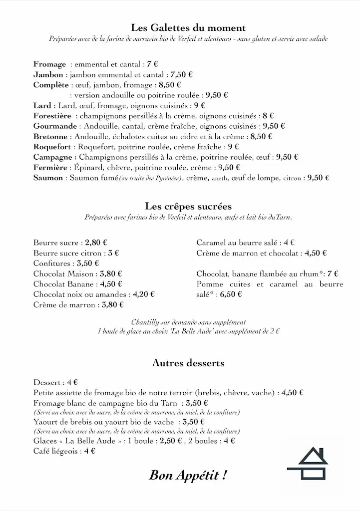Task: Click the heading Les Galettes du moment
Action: click(x=188, y=28)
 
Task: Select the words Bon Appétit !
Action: click(x=188, y=475)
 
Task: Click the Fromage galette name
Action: click(x=50, y=64)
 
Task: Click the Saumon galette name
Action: click(x=48, y=178)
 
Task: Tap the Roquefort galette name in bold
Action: click(x=53, y=147)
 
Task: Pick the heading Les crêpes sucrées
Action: click(x=188, y=206)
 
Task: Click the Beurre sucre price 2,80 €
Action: click(x=96, y=243)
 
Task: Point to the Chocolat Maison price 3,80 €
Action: click(x=111, y=274)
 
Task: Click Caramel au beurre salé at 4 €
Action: click(x=245, y=243)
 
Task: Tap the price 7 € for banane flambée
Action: click(x=333, y=274)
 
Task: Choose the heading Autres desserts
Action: click(x=188, y=363)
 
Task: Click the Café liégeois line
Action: click(x=64, y=451)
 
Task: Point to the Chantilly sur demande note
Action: click(x=188, y=322)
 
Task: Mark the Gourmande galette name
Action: click(x=55, y=126)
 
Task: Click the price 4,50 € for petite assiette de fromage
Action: click(x=293, y=393)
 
